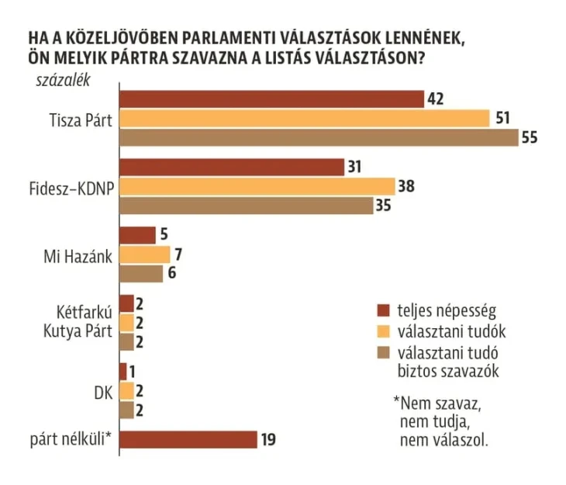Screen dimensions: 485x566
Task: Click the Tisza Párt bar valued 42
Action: point(271,99)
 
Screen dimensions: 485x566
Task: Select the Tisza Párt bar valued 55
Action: point(319,137)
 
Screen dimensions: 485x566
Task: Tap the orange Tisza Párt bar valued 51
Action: point(305,118)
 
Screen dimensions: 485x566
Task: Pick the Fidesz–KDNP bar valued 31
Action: point(232,167)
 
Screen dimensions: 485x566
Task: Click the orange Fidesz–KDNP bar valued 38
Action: point(257,186)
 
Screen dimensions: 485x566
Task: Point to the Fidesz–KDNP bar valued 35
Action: point(247,206)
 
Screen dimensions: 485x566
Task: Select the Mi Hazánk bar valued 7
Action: point(145,255)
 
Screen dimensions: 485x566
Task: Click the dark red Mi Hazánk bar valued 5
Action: point(137,235)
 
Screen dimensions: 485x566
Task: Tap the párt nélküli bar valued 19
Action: point(188,439)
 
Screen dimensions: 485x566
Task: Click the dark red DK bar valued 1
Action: point(123,372)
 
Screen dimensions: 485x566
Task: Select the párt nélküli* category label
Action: point(73,439)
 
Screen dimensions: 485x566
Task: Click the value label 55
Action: point(530,137)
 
